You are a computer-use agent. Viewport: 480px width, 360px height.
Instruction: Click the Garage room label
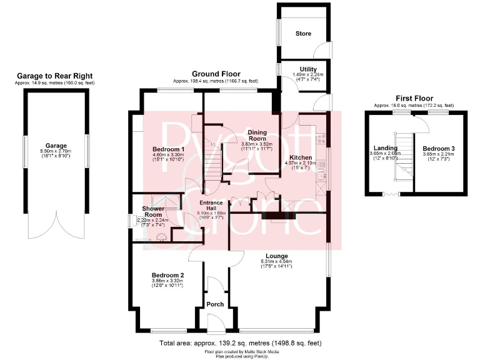[x=56, y=146]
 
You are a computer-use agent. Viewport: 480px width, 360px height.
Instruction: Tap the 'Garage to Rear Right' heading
[x=56, y=76]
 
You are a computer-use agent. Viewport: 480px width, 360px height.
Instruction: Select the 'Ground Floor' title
[x=215, y=73]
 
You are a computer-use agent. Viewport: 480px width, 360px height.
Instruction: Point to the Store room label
[x=303, y=33]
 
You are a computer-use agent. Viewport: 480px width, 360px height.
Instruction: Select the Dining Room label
[x=257, y=135]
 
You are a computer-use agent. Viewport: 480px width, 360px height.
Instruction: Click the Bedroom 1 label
[x=169, y=149]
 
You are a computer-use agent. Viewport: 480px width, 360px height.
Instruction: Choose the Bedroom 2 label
[x=167, y=275]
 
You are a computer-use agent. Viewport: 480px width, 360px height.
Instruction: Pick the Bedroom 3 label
[x=439, y=148]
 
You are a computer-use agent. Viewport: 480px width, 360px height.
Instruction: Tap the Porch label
[x=215, y=305]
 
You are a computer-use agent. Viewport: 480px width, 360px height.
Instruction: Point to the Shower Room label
[x=153, y=211]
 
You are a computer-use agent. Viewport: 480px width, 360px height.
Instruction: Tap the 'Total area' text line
[x=240, y=344]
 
